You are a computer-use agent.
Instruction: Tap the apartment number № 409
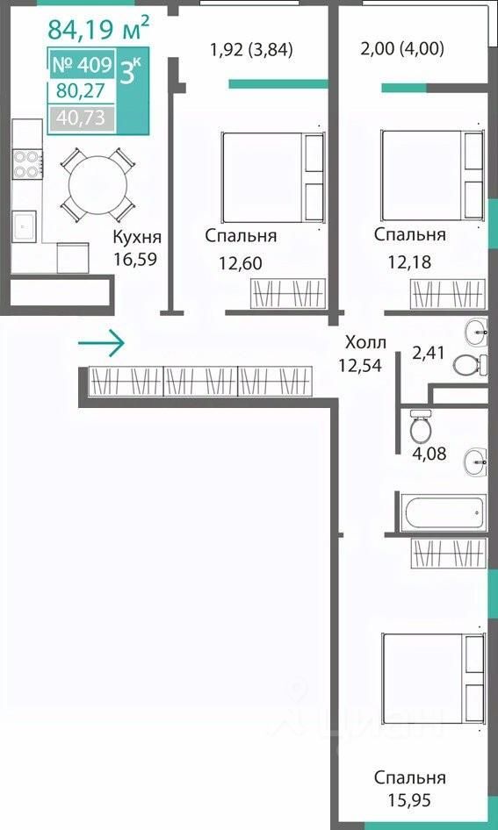[x=82, y=65]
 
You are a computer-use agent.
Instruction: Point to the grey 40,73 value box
[x=82, y=118]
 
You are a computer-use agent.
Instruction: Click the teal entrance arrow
[x=101, y=343]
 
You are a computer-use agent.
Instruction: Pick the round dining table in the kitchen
[x=97, y=185]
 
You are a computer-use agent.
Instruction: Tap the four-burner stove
[x=27, y=164]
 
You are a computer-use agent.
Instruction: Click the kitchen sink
[x=25, y=226]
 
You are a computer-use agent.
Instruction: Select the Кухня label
[x=137, y=238]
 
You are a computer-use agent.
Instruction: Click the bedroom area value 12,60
[x=241, y=263]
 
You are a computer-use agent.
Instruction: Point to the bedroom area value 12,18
[x=409, y=262]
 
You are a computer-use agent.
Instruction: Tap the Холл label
[x=365, y=342]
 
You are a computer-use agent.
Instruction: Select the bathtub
[x=443, y=512]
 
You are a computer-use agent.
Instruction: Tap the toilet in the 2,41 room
[x=470, y=364]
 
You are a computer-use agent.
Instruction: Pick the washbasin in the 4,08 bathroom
[x=476, y=462]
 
